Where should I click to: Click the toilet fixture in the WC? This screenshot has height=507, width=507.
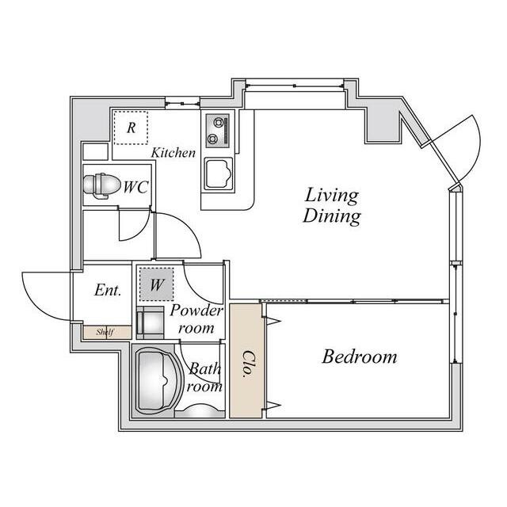pyautogui.click(x=100, y=185)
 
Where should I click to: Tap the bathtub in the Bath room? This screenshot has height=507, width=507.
pyautogui.click(x=158, y=381)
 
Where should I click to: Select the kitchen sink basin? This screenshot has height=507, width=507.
pyautogui.click(x=219, y=174)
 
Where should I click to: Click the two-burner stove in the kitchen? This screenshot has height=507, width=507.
pyautogui.click(x=218, y=130)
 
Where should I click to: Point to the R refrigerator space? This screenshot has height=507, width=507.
pyautogui.click(x=131, y=128)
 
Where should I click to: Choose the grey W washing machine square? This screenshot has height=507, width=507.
pyautogui.click(x=157, y=284)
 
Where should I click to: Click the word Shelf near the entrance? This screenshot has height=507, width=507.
pyautogui.click(x=105, y=332)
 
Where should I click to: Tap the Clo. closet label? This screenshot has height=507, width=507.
pyautogui.click(x=246, y=364)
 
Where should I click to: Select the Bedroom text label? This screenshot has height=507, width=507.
pyautogui.click(x=360, y=356)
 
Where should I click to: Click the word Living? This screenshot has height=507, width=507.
pyautogui.click(x=332, y=196)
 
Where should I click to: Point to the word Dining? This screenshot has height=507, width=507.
pyautogui.click(x=332, y=216)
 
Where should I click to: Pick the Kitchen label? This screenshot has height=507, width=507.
pyautogui.click(x=173, y=153)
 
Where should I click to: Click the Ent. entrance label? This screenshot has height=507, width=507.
pyautogui.click(x=108, y=290)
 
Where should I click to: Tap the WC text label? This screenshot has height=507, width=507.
pyautogui.click(x=135, y=187)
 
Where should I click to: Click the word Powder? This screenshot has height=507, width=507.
pyautogui.click(x=196, y=311)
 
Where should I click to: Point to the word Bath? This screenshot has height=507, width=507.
pyautogui.click(x=204, y=368)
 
